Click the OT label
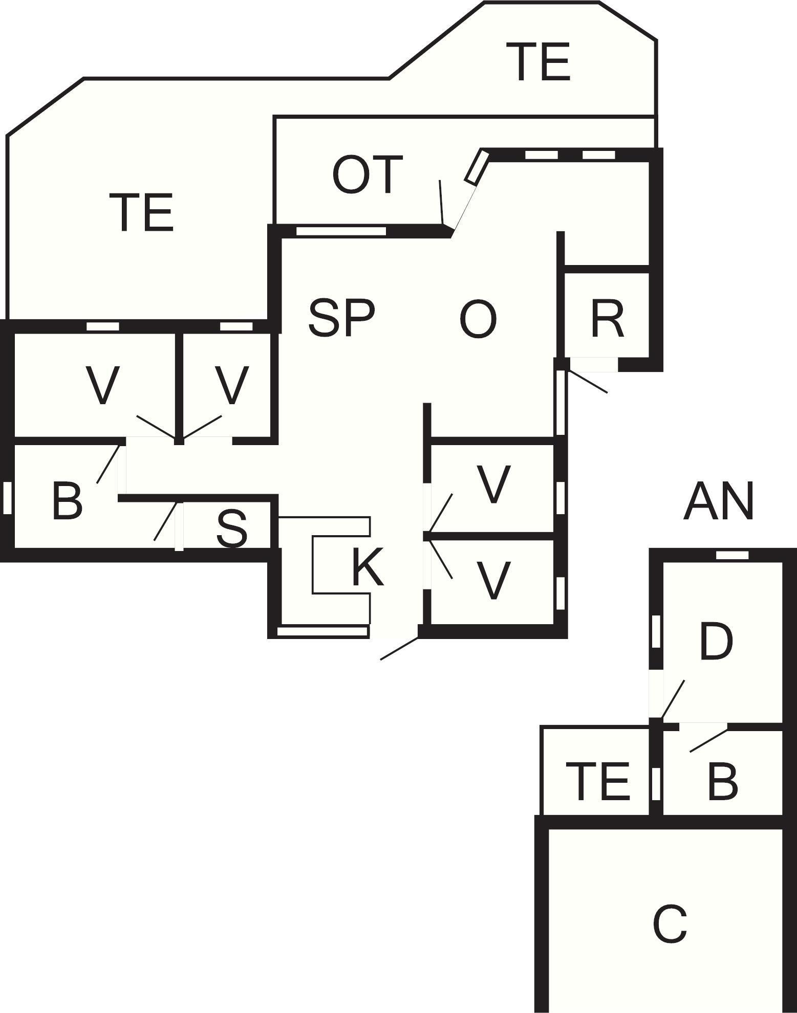tap(368, 175)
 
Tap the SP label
tap(341, 319)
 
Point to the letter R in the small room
tap(607, 320)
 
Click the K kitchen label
tap(368, 567)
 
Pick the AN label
tap(718, 502)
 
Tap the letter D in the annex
tap(716, 641)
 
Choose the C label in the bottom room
tap(670, 925)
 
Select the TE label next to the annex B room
tap(597, 781)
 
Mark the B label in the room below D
tap(722, 781)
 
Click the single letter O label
tap(478, 320)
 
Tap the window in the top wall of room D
tap(732, 555)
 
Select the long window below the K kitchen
tap(322, 632)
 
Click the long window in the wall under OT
tap(341, 231)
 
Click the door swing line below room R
tap(588, 382)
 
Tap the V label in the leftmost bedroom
tap(103, 385)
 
